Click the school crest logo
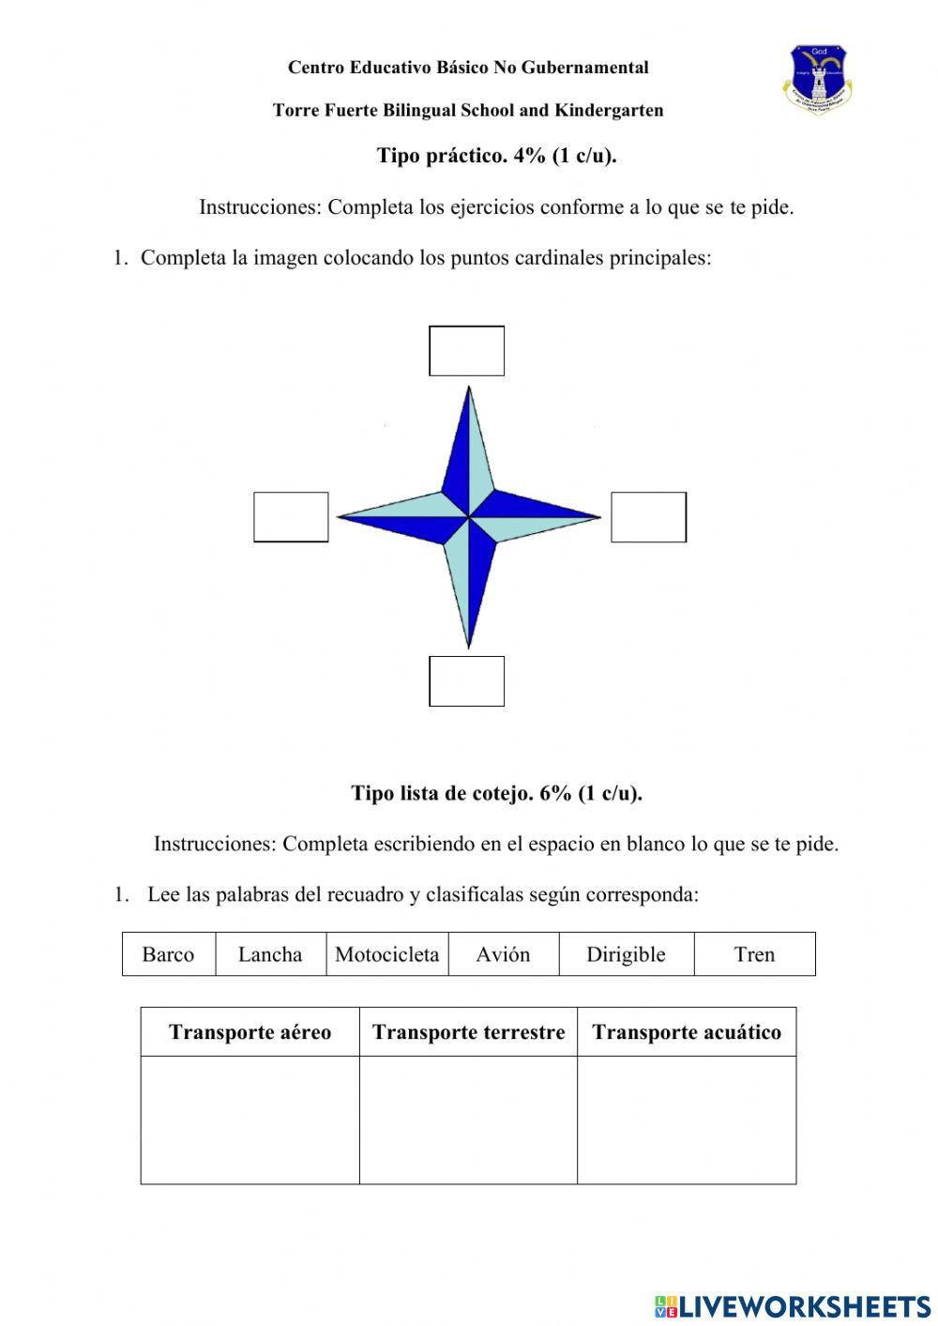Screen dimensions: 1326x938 pos(818,79)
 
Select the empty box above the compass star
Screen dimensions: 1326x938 pos(466,351)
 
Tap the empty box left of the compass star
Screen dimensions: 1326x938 pos(291,517)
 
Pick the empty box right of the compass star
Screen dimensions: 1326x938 pos(648,517)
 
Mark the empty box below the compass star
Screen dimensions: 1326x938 pos(466,681)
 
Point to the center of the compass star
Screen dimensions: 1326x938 pos(468,516)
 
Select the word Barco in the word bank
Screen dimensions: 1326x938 pos(168,954)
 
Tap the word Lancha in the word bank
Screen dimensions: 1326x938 pos(270,954)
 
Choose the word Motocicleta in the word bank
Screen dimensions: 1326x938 pos(386,954)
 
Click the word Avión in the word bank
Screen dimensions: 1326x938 pos(503,954)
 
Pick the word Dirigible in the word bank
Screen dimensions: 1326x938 pos(626,954)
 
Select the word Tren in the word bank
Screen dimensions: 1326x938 pos(754,954)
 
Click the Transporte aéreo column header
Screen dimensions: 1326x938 pos(250,1032)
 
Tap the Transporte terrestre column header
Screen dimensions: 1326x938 pos(468,1032)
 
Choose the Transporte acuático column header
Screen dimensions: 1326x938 pos(687,1032)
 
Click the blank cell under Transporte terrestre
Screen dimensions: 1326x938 pos(468,1120)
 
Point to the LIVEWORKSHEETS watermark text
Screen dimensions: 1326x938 pos(805,1305)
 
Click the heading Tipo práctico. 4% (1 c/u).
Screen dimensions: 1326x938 pos(496,156)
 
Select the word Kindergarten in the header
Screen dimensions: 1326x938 pos(609,111)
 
